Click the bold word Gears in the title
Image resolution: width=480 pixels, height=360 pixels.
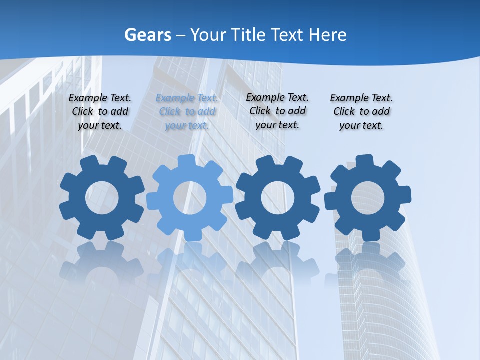tap(147, 35)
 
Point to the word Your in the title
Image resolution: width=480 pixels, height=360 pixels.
tap(208, 35)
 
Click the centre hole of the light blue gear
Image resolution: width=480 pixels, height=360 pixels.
tap(190, 197)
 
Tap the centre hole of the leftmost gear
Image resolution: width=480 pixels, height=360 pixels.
tap(102, 197)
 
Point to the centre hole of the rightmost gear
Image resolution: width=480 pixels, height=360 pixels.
tap(368, 197)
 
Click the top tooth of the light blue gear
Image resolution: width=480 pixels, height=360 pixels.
tap(186, 161)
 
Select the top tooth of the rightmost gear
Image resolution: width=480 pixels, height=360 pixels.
tap(364, 161)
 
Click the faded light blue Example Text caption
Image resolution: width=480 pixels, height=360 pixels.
tap(187, 112)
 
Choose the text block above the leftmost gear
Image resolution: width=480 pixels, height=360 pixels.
tap(100, 112)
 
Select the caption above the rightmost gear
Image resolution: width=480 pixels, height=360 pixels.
tap(361, 112)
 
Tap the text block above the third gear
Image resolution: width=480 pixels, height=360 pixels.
tap(277, 111)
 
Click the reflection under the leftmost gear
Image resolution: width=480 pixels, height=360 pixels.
tap(102, 265)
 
